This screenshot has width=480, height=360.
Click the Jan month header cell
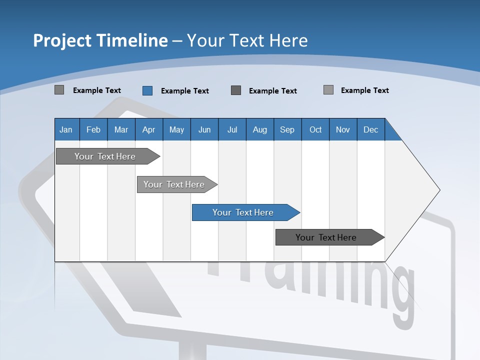click(x=66, y=129)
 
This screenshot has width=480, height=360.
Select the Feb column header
click(x=93, y=129)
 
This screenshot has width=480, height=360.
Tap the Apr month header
click(x=148, y=129)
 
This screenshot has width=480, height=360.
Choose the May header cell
click(x=176, y=129)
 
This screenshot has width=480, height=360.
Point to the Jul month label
click(x=232, y=129)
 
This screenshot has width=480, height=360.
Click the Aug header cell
click(x=259, y=129)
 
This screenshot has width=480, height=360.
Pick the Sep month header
click(x=287, y=129)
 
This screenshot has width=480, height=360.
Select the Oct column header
click(x=315, y=129)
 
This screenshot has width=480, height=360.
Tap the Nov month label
click(x=343, y=129)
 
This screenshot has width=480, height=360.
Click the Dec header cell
click(x=370, y=129)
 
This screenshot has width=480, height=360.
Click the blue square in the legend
click(x=147, y=90)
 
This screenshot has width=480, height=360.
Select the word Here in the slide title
click(x=288, y=40)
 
